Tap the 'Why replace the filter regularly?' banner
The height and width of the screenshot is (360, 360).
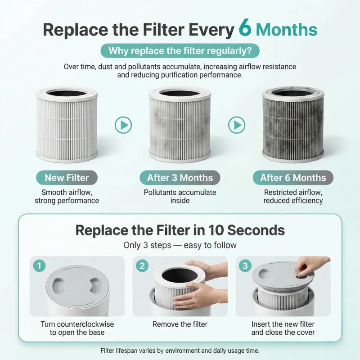point(180,51)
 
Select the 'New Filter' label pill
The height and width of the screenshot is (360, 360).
point(67,178)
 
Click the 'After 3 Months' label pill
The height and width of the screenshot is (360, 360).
point(180,178)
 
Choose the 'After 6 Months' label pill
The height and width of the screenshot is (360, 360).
point(293,178)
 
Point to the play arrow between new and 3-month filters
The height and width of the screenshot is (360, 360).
point(123,125)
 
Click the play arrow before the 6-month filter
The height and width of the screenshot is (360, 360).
point(237,125)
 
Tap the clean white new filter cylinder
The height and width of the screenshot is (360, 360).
point(67,124)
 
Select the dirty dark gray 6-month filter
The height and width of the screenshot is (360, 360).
point(293,124)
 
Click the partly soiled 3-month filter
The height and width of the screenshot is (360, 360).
point(180,124)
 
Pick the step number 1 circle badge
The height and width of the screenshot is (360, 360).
point(39,266)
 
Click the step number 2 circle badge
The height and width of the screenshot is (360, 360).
point(142,266)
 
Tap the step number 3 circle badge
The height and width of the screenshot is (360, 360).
point(245,266)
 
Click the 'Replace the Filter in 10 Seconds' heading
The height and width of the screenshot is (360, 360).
point(180,230)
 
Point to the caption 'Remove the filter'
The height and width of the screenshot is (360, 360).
point(180,324)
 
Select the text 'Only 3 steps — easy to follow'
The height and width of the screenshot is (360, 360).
point(180,245)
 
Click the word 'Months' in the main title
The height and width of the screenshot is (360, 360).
point(287,30)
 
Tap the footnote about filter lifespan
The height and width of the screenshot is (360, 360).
point(180,351)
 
